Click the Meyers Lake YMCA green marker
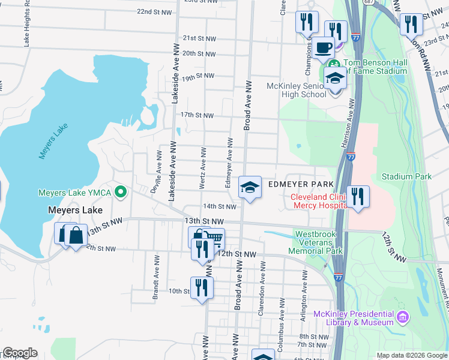(120, 193)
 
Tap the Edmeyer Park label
(300, 184)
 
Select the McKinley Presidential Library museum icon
(402, 316)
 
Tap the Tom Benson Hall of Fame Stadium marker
(334, 64)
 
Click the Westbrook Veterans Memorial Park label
(318, 242)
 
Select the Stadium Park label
(407, 176)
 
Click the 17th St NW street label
(197, 115)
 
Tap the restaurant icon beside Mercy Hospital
(357, 196)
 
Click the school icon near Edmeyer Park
(250, 187)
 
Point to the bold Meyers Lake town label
(74, 211)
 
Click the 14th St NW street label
(219, 206)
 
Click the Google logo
(20, 353)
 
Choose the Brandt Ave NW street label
(155, 284)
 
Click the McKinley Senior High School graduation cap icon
(335, 78)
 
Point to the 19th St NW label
(197, 77)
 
